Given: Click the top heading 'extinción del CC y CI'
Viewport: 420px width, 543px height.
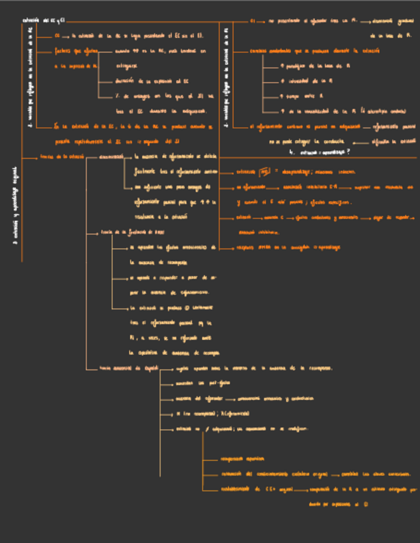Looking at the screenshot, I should point(44,20).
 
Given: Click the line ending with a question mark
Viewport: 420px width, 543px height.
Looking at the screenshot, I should point(320,152).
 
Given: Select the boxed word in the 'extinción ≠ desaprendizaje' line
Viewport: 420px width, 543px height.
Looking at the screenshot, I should point(262,172).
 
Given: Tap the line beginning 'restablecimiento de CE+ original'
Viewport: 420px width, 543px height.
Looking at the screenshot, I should point(256,489).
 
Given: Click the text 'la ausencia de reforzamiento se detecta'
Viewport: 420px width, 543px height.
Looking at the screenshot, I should point(176,156).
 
